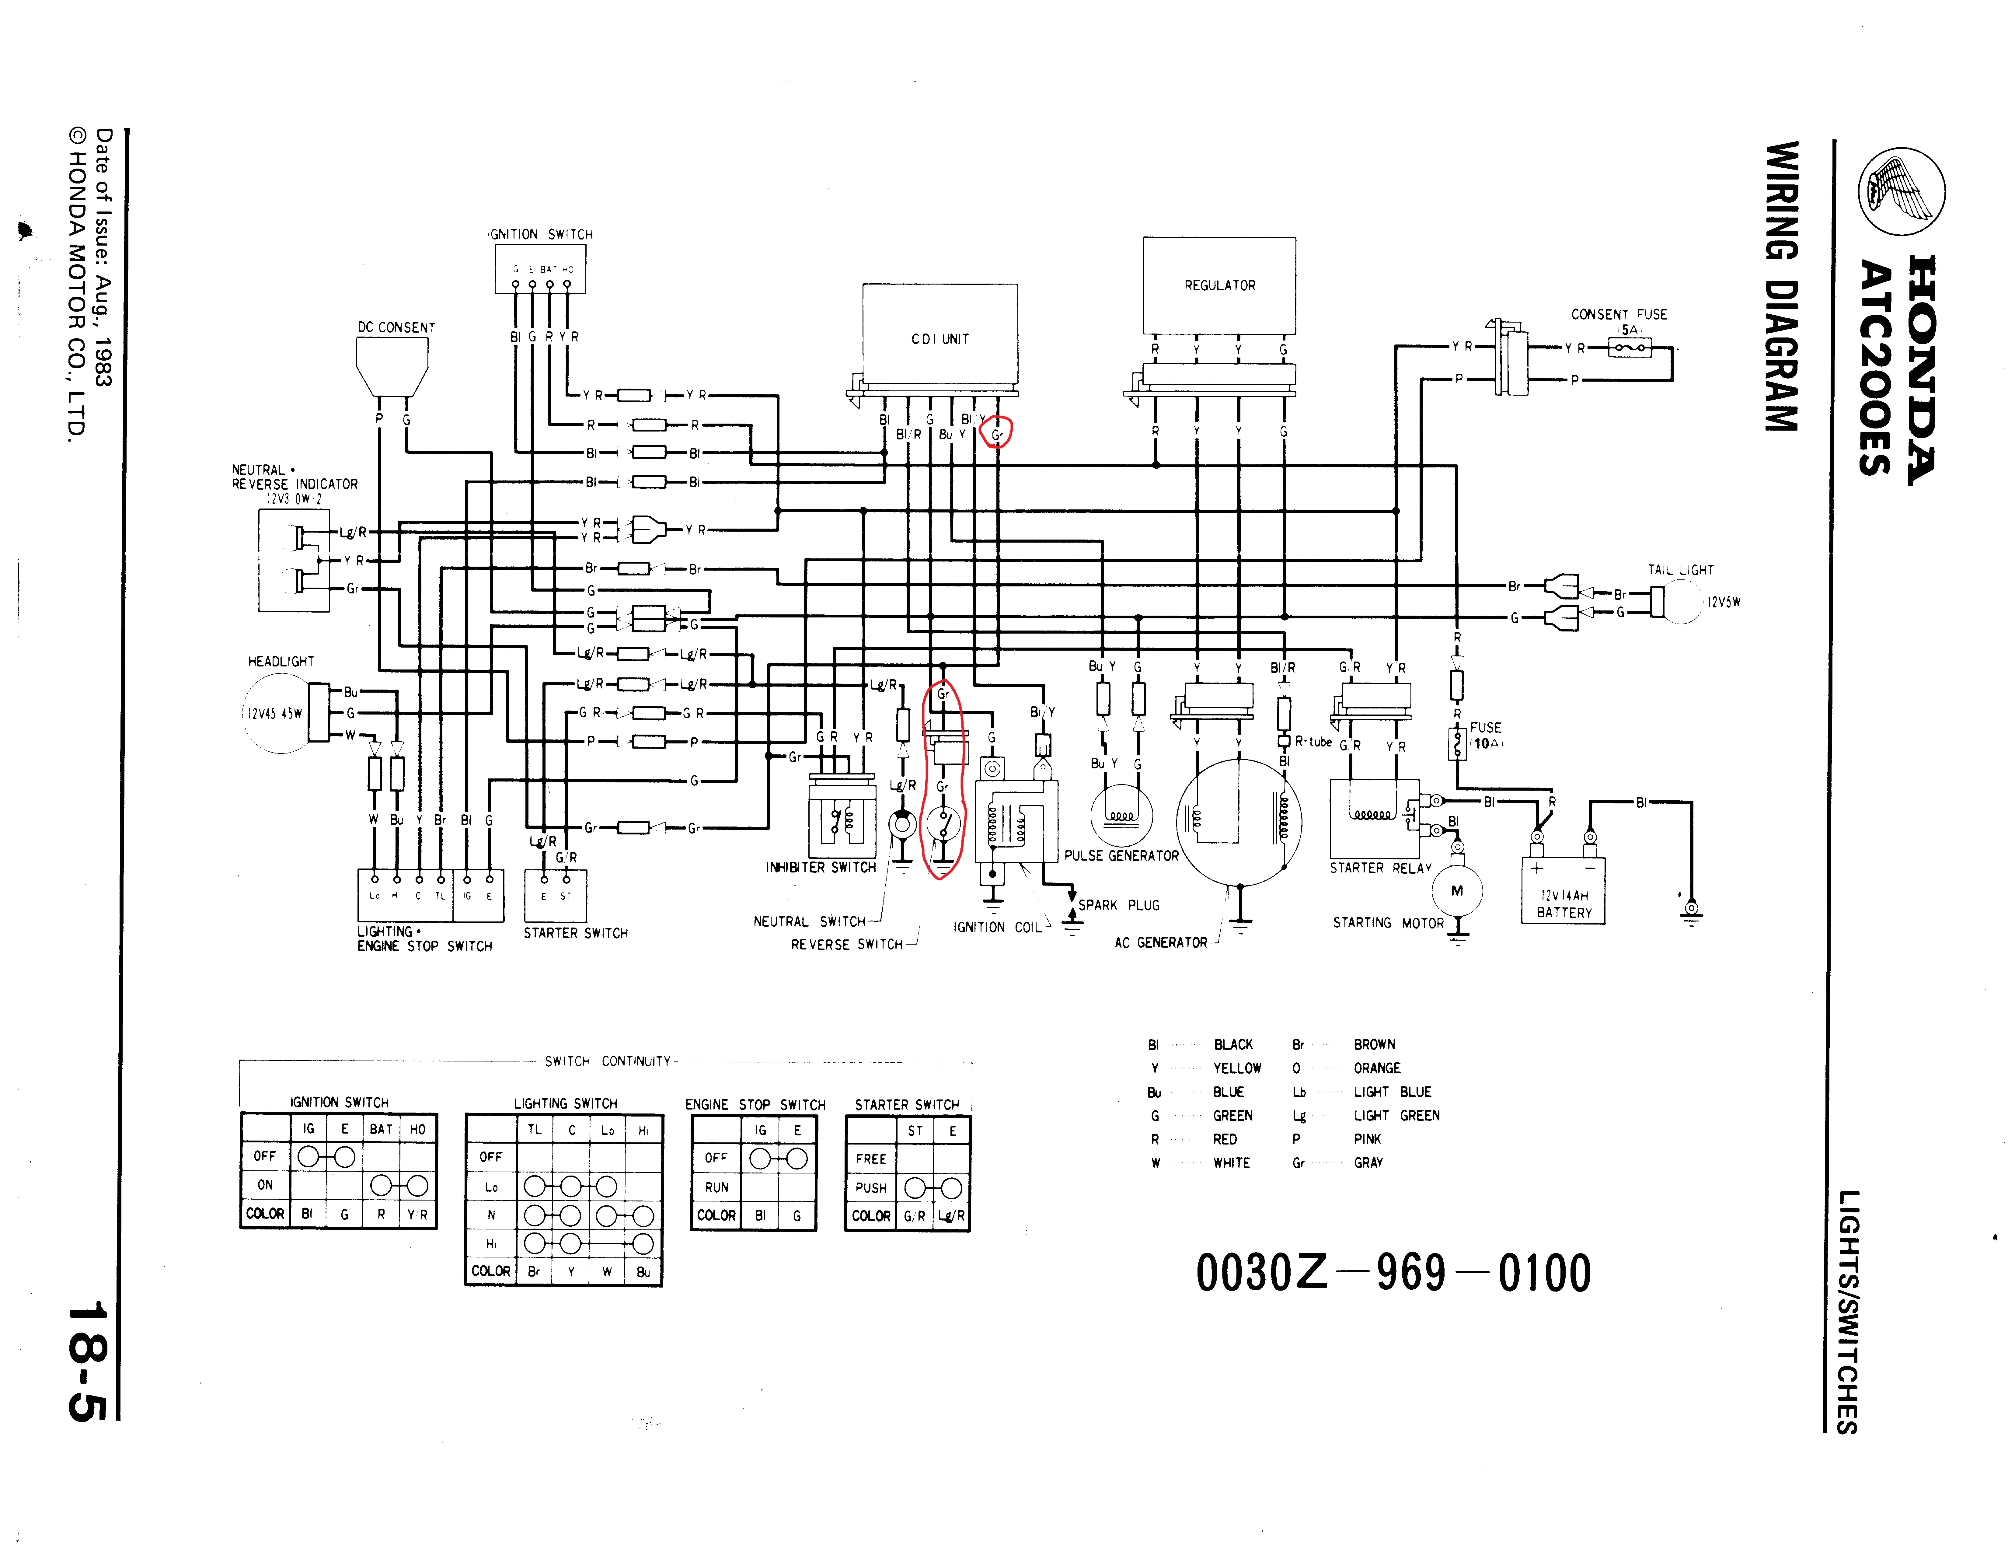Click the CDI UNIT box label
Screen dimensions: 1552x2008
point(940,339)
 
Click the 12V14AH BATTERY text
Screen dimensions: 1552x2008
point(1564,904)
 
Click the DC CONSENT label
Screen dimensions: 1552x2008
point(396,327)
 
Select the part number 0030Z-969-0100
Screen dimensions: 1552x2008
point(1393,1274)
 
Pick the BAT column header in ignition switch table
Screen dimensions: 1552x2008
point(381,1129)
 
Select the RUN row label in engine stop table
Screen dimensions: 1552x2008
point(716,1187)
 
